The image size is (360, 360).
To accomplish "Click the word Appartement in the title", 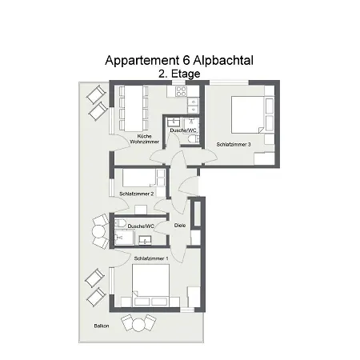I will pos(141,60).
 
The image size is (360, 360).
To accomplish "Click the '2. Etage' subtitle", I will pos(180,73).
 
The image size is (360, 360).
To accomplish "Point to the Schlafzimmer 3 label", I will pos(234,144).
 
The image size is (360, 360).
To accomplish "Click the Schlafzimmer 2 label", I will pos(136,194).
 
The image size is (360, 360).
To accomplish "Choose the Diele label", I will pos(180,226).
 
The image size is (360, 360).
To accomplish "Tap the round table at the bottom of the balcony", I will pos(137,324).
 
